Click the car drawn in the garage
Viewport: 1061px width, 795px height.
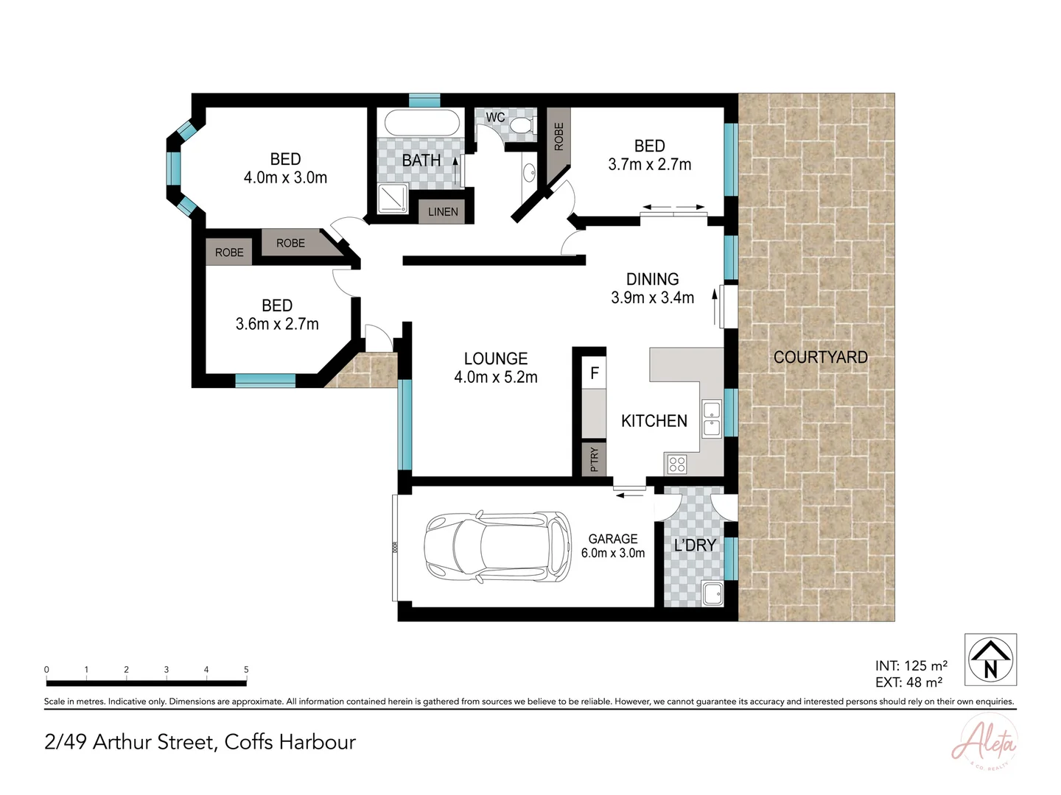[x=498, y=545]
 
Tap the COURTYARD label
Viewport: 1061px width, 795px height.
[x=820, y=357]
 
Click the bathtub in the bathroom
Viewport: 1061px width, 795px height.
[x=421, y=122]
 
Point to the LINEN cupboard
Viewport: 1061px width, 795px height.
[x=443, y=211]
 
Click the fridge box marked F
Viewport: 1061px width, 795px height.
[x=594, y=374]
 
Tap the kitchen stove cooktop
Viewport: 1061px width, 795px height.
[x=677, y=464]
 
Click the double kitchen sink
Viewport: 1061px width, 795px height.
[x=712, y=418]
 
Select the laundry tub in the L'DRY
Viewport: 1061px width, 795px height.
[x=712, y=593]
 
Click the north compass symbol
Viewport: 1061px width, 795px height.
[x=991, y=659]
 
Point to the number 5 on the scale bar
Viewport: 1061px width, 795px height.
[x=246, y=670]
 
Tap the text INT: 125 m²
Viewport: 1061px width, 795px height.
[x=911, y=666]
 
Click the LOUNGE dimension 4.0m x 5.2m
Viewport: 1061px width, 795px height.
[x=496, y=378]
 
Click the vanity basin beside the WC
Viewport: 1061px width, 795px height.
[x=529, y=173]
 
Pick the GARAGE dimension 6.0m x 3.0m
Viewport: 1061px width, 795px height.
[x=613, y=553]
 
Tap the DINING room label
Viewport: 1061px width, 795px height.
[x=652, y=279]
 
